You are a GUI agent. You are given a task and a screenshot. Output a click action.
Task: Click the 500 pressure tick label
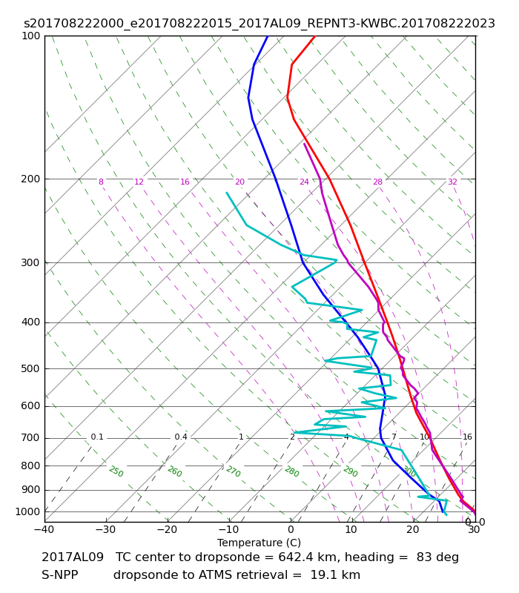[30, 368]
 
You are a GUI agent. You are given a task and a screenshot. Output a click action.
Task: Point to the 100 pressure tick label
[30, 36]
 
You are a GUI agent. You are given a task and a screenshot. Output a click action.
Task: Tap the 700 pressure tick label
[30, 438]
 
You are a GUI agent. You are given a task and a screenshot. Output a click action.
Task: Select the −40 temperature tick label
[44, 529]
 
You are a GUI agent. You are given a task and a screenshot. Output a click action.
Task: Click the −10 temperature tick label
[228, 529]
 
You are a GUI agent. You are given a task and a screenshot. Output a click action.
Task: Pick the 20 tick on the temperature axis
[413, 529]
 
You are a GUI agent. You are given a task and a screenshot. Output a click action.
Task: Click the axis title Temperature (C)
[259, 543]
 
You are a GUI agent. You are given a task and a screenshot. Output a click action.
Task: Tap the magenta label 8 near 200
[101, 182]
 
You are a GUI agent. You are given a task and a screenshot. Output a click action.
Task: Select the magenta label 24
[304, 182]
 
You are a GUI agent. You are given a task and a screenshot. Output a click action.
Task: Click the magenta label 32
[452, 182]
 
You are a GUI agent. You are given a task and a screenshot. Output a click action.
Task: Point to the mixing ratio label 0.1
[97, 437]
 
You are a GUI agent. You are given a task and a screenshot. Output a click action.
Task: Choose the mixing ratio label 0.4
[181, 437]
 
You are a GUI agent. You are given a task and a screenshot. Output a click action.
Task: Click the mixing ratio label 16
[468, 437]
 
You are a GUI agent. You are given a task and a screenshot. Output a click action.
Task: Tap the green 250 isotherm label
[116, 471]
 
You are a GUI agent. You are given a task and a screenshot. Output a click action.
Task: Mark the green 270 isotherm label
[234, 471]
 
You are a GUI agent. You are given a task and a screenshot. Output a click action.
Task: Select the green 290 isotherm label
[351, 471]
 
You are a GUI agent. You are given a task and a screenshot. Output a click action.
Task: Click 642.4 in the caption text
[294, 557]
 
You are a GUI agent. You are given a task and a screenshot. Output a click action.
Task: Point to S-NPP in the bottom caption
[60, 575]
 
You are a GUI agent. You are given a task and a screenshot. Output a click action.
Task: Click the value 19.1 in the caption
[322, 575]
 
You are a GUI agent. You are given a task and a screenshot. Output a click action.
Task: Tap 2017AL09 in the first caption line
[73, 557]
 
